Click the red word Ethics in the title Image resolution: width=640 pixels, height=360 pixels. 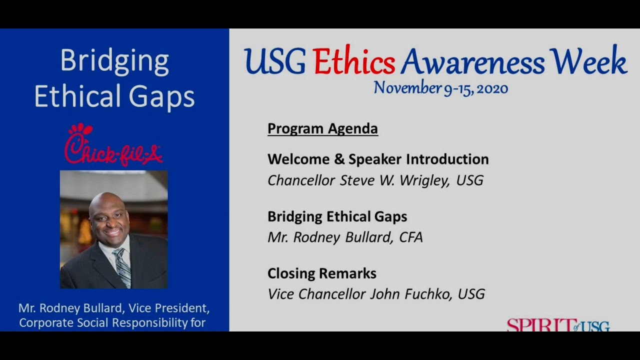(x=354, y=63)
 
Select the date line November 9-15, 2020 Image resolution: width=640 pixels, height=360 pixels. (x=440, y=88)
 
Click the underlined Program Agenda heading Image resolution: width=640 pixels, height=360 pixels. (x=322, y=128)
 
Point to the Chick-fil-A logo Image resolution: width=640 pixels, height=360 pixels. (x=113, y=145)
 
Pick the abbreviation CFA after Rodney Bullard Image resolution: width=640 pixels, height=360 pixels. (x=410, y=237)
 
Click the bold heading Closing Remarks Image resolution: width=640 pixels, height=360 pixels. (x=321, y=273)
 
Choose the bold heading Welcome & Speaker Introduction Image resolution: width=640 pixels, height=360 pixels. (x=377, y=159)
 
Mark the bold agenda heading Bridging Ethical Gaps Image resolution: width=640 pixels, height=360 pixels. (x=337, y=216)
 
